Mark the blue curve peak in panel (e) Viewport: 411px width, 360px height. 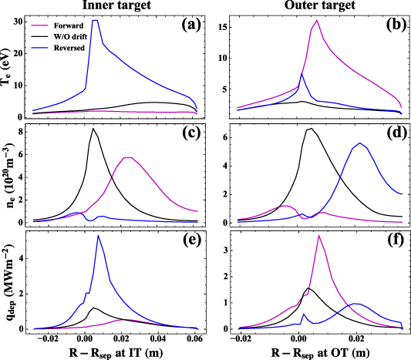click(x=98, y=236)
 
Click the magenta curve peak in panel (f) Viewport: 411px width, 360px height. click(x=318, y=236)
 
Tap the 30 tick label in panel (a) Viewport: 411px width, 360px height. click(x=17, y=21)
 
